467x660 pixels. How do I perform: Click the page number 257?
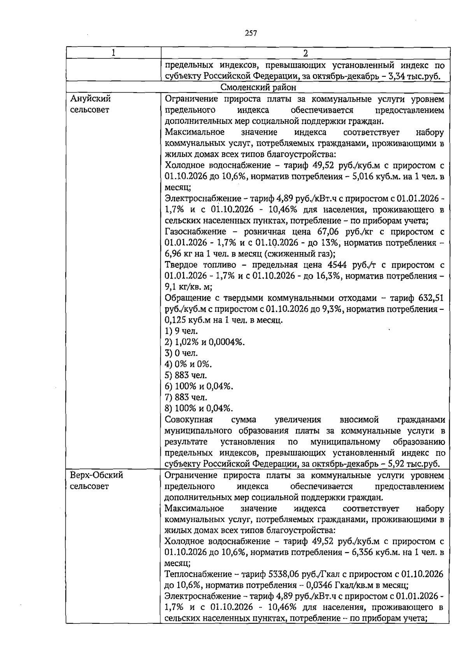[x=251, y=33]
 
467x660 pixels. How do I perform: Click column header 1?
[x=113, y=53]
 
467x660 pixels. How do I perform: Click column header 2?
[x=305, y=53]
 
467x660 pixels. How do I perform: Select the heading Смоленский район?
[x=258, y=87]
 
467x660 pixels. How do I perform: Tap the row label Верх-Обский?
[x=97, y=475]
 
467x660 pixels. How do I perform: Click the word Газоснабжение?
[x=197, y=232]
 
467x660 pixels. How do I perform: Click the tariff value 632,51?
[x=431, y=298]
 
